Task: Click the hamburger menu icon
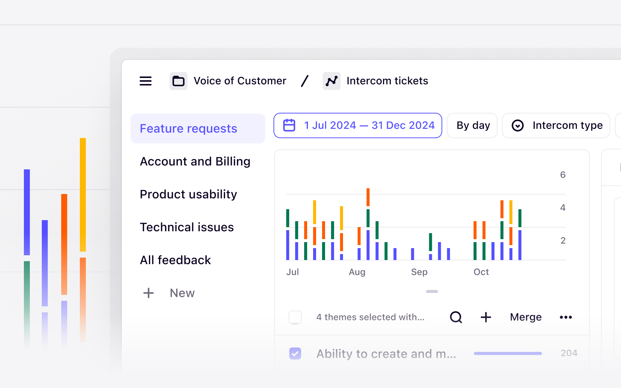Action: [146, 81]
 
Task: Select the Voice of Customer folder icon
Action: [178, 81]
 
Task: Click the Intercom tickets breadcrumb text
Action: [387, 81]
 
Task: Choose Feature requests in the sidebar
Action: [188, 129]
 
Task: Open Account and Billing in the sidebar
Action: [195, 162]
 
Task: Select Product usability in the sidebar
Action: [188, 194]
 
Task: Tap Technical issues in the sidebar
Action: [187, 227]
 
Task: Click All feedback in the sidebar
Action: [175, 260]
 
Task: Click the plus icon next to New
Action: [149, 293]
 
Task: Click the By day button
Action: [472, 125]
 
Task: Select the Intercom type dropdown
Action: [556, 125]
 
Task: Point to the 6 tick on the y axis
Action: [562, 175]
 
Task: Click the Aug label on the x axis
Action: [357, 272]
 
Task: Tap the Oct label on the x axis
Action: [481, 272]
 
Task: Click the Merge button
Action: [525, 317]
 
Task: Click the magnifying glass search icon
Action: [456, 317]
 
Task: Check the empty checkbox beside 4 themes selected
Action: [295, 317]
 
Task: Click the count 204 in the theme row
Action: [569, 353]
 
